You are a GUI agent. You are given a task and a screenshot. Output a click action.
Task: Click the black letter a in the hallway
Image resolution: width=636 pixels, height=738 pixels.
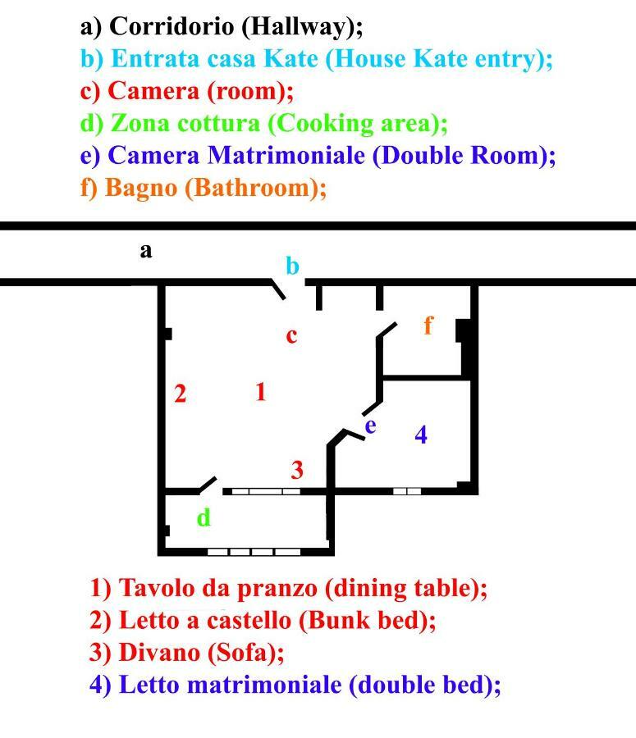[146, 251]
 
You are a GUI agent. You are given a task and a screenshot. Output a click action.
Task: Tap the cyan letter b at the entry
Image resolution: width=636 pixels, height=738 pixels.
[292, 266]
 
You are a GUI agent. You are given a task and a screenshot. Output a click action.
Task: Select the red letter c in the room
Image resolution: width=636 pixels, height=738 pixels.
[291, 336]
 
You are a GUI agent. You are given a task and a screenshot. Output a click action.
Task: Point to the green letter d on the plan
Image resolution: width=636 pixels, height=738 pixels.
[204, 517]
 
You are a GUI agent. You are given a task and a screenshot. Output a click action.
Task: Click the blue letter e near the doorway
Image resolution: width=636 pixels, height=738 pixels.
[371, 426]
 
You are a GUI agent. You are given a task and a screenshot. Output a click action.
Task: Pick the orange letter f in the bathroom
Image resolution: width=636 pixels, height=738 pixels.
[428, 325]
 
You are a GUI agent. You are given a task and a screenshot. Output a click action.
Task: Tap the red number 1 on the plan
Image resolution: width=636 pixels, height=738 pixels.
[261, 392]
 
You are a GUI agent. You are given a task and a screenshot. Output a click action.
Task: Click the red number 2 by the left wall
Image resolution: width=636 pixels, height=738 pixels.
[180, 394]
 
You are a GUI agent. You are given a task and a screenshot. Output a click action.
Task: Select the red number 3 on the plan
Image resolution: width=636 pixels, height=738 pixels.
[297, 470]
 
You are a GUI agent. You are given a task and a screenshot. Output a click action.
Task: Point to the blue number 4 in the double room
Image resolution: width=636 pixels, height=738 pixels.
[421, 435]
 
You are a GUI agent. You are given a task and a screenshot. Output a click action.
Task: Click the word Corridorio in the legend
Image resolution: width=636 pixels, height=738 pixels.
[172, 26]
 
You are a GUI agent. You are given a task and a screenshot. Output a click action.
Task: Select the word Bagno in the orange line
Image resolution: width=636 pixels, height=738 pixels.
[141, 189]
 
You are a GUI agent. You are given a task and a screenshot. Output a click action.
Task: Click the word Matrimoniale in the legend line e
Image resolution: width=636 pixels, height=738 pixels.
[286, 155]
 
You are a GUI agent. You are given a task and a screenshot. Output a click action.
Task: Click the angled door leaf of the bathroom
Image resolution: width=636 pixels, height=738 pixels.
[387, 330]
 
